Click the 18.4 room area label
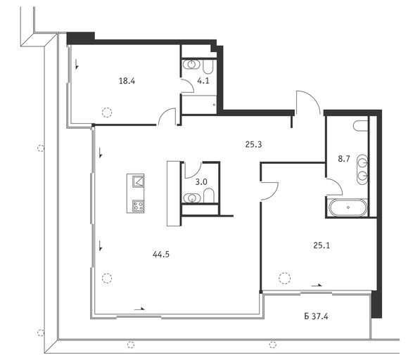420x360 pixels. point(127,81)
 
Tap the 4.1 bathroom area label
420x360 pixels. point(203,81)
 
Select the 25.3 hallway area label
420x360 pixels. point(253,145)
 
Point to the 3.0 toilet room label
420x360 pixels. point(201,182)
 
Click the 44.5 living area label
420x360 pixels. point(161,255)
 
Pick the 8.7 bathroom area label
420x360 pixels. point(344,159)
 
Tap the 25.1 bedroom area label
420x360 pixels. point(322,245)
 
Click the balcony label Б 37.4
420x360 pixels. point(316,316)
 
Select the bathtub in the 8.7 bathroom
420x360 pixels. point(348,207)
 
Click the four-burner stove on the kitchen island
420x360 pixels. point(139,206)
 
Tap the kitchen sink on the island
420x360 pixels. point(139,181)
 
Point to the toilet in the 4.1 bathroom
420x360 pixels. point(208,66)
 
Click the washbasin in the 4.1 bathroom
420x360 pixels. point(191,64)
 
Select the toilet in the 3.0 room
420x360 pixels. point(209,195)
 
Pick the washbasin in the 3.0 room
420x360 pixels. point(192,198)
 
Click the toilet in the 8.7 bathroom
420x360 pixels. point(360,126)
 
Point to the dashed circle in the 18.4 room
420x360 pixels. point(107,112)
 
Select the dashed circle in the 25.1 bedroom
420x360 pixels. point(284,278)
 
